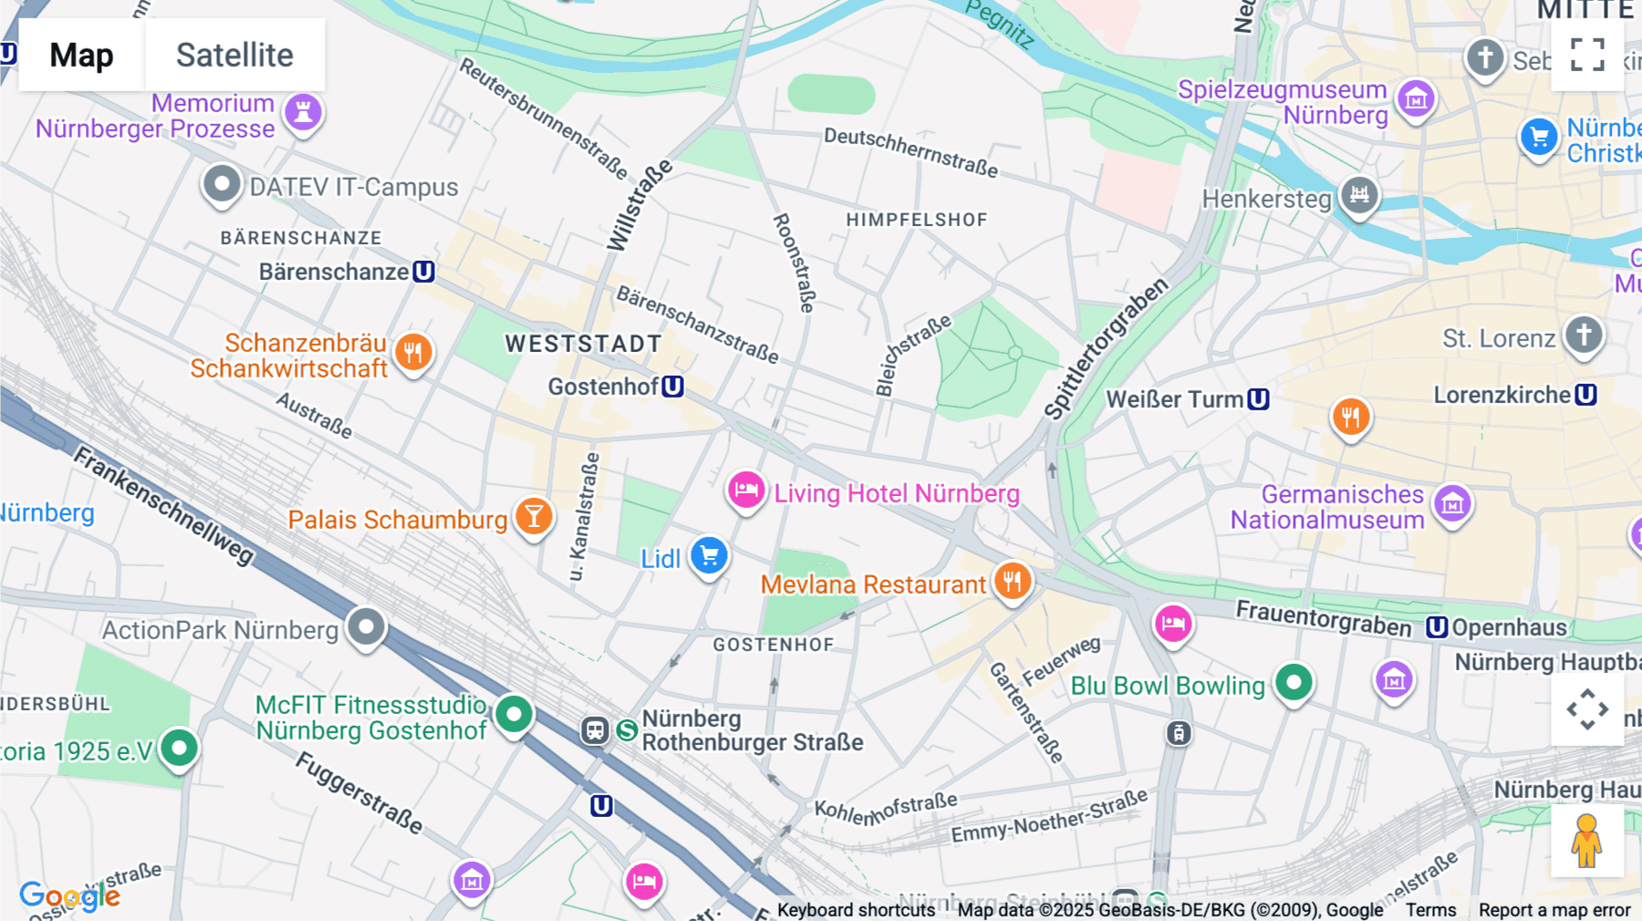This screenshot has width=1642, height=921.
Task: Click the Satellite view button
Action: [234, 55]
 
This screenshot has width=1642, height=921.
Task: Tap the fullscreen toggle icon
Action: [1587, 55]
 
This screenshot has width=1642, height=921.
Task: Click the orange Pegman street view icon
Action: [1586, 841]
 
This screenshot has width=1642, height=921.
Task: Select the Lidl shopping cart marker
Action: [709, 555]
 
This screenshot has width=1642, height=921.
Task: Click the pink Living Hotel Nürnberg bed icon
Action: [746, 491]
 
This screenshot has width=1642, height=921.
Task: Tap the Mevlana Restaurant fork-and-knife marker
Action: [1012, 580]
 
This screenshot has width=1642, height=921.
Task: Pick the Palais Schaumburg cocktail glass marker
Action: [534, 516]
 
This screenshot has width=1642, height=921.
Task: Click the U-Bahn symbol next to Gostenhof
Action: [672, 387]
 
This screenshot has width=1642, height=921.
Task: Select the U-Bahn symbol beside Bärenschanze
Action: [423, 272]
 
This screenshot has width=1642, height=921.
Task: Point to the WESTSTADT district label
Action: [584, 344]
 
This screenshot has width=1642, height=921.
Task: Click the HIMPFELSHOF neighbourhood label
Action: [916, 220]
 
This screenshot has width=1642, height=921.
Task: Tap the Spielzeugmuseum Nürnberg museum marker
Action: [1416, 98]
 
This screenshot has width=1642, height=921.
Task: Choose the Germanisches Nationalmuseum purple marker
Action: [1452, 502]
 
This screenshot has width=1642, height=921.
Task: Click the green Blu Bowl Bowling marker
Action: [1294, 682]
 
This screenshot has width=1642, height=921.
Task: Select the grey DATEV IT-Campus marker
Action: [222, 184]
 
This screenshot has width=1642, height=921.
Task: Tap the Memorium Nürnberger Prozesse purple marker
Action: [303, 112]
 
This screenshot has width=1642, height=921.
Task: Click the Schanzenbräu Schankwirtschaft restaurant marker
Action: [413, 352]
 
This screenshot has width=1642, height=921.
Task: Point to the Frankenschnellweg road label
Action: [164, 505]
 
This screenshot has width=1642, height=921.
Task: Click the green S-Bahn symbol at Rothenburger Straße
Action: [627, 730]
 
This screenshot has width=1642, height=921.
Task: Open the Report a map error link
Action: [1554, 910]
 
